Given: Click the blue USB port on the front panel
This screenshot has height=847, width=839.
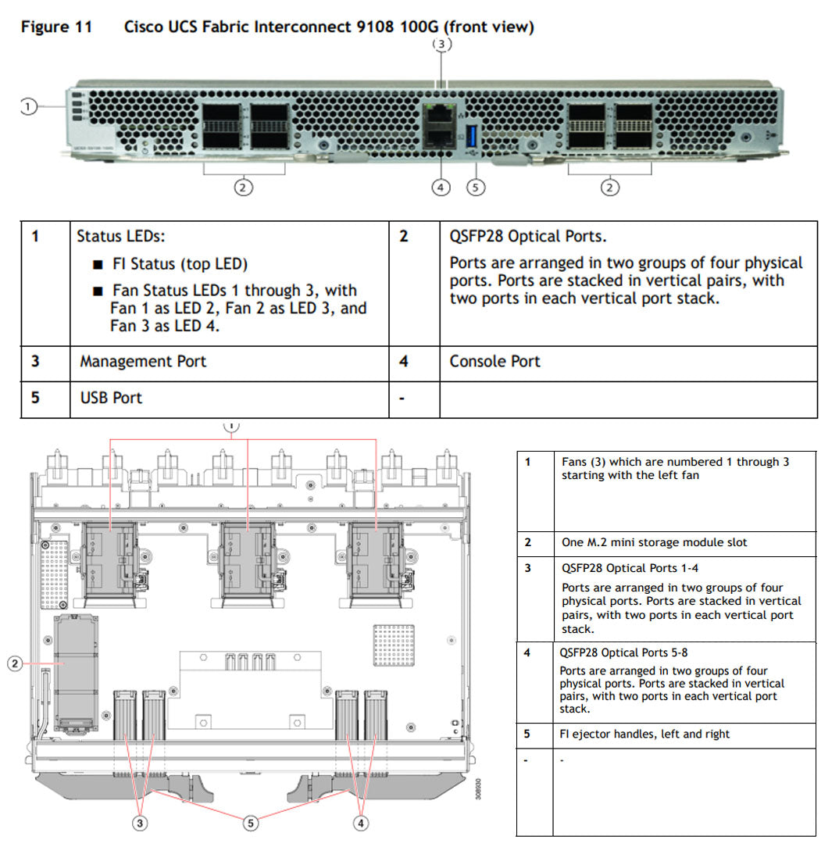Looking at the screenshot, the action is (x=471, y=134).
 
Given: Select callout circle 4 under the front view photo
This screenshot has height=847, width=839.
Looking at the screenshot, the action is (x=441, y=188).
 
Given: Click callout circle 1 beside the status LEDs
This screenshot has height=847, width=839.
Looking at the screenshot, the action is (x=28, y=106).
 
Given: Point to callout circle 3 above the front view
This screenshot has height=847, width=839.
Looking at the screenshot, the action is (x=442, y=45).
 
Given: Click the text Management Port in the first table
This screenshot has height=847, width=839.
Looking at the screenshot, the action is (x=143, y=362).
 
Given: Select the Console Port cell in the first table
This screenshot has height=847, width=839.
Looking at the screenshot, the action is (x=494, y=362).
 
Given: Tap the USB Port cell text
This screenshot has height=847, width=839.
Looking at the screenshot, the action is (x=111, y=398).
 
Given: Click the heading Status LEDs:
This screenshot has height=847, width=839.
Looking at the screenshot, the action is (x=120, y=236).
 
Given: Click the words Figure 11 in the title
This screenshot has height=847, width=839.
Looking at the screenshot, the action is (x=56, y=27).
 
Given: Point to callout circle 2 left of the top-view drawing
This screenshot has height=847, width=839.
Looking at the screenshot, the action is (x=15, y=664).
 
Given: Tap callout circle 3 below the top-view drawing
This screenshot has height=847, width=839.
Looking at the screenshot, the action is (x=139, y=822).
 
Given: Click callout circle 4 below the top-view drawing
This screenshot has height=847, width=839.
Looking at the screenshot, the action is (x=362, y=822).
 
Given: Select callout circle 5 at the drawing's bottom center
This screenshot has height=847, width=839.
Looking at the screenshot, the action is (x=251, y=822).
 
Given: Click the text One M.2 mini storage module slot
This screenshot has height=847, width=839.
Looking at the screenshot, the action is (x=654, y=542).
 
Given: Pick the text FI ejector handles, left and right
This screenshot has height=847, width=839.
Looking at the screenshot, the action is (x=644, y=734).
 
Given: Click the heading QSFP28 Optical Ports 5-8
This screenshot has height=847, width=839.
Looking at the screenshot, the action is (x=623, y=652).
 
